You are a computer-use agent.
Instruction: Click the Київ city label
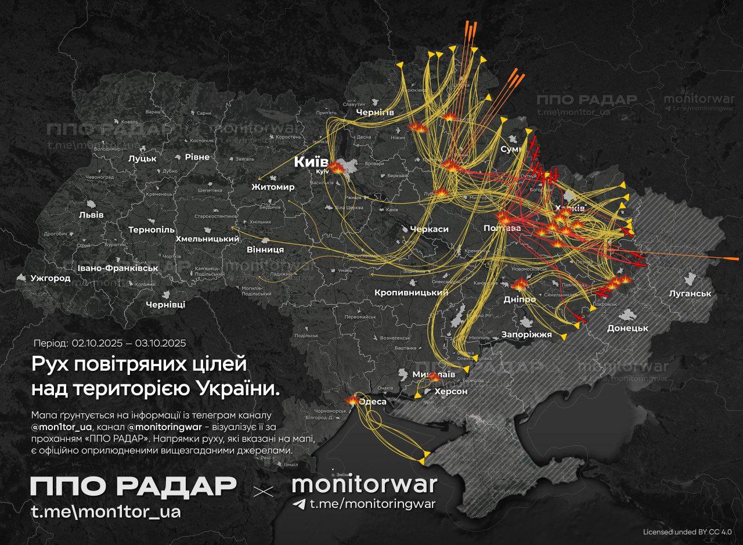click(x=312, y=162)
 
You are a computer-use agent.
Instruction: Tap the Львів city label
click(x=91, y=215)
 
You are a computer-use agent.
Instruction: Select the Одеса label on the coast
click(x=373, y=401)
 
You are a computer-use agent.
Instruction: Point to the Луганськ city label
click(x=690, y=294)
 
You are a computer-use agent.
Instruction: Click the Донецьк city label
click(x=627, y=328)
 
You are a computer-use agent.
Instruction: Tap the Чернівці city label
click(x=165, y=305)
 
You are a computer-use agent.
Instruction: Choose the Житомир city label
click(x=273, y=187)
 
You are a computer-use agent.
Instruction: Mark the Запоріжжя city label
click(x=526, y=335)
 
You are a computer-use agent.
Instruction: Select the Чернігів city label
click(x=376, y=112)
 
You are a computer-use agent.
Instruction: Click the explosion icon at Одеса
click(x=352, y=400)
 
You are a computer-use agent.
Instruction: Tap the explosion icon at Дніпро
click(x=520, y=284)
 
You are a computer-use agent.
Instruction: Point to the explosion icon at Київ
click(x=336, y=167)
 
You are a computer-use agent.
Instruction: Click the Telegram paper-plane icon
click(x=299, y=504)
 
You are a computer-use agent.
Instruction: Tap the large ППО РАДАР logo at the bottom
click(x=134, y=486)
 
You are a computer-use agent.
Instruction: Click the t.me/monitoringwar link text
click(x=372, y=504)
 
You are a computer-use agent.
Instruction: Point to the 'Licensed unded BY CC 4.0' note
click(x=687, y=532)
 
